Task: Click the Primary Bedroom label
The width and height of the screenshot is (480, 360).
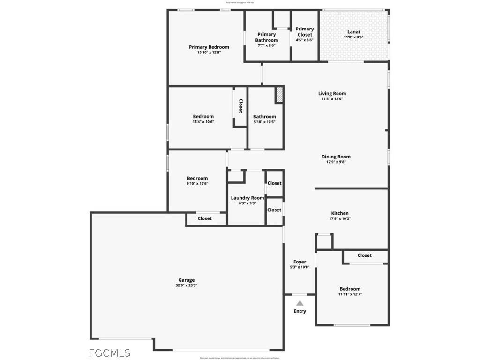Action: point(209,47)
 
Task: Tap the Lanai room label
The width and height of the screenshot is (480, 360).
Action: point(354,31)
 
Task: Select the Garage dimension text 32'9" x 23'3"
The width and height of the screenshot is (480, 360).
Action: point(186,285)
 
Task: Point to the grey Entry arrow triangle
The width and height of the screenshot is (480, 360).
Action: point(300,303)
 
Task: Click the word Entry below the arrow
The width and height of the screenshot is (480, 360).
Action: point(300,311)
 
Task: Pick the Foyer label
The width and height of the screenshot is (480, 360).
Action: point(300,262)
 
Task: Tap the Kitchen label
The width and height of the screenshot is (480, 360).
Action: point(340,213)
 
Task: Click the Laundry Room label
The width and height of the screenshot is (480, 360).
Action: point(247,198)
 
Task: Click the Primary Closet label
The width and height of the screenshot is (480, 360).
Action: point(305,32)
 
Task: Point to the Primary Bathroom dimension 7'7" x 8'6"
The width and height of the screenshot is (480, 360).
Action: point(266,45)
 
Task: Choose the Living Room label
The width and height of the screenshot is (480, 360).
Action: point(332,93)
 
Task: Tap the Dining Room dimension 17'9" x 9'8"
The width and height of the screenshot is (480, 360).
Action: point(336,162)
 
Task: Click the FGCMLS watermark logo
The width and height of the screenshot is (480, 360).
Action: point(110,353)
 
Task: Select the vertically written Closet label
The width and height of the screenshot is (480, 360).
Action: point(240,105)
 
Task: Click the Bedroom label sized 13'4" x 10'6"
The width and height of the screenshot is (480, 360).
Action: point(203,116)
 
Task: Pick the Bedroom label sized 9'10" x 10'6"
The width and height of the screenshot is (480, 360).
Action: point(197,178)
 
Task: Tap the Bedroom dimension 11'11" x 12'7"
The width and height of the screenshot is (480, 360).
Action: point(350,294)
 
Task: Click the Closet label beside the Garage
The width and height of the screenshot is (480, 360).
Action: point(204,218)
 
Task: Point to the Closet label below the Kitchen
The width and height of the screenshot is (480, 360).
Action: point(364,255)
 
